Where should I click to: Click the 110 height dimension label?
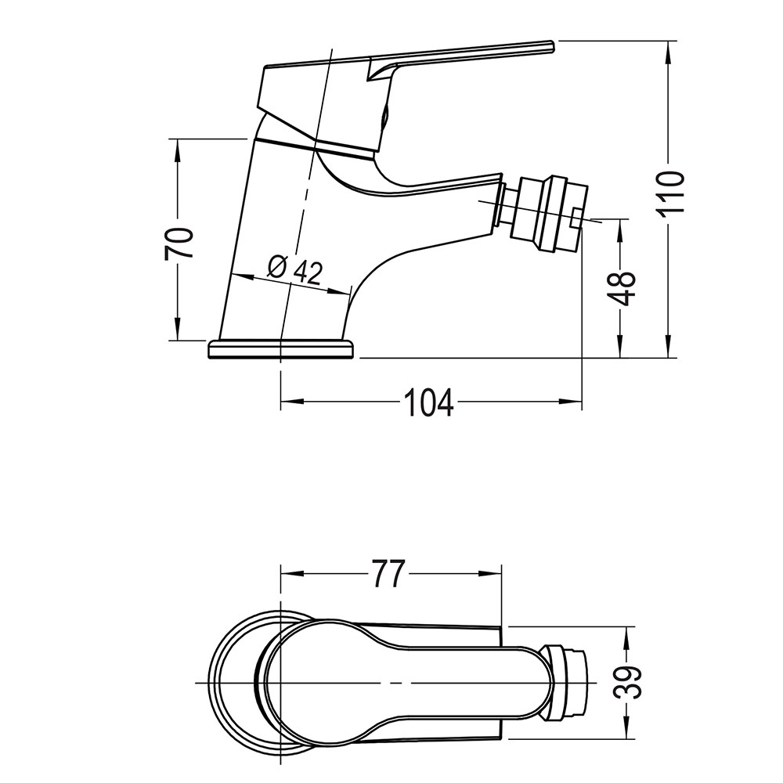(x=672, y=193)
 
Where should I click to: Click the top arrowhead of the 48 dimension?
(x=622, y=226)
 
